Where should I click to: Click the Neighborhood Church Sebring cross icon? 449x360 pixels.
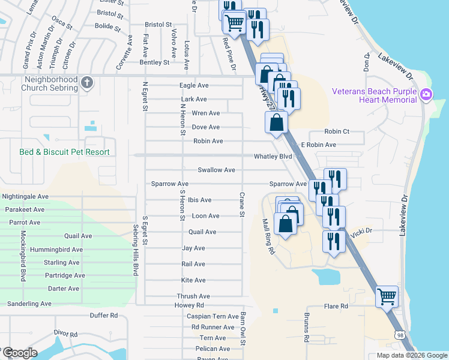click(x=87, y=82)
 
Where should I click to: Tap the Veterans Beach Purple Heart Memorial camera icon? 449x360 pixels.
click(x=426, y=94)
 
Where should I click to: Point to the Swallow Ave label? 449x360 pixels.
click(x=216, y=170)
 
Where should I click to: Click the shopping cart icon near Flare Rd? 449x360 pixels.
click(x=387, y=296)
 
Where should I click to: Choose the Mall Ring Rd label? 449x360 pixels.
click(x=268, y=236)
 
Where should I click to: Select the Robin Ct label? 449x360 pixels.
click(x=336, y=131)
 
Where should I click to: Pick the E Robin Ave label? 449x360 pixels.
click(x=318, y=145)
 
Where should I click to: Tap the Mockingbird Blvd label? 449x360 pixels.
click(x=23, y=256)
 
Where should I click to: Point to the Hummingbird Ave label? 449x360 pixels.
click(x=59, y=250)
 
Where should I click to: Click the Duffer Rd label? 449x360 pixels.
click(x=103, y=315)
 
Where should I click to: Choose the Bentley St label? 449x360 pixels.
click(x=154, y=62)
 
